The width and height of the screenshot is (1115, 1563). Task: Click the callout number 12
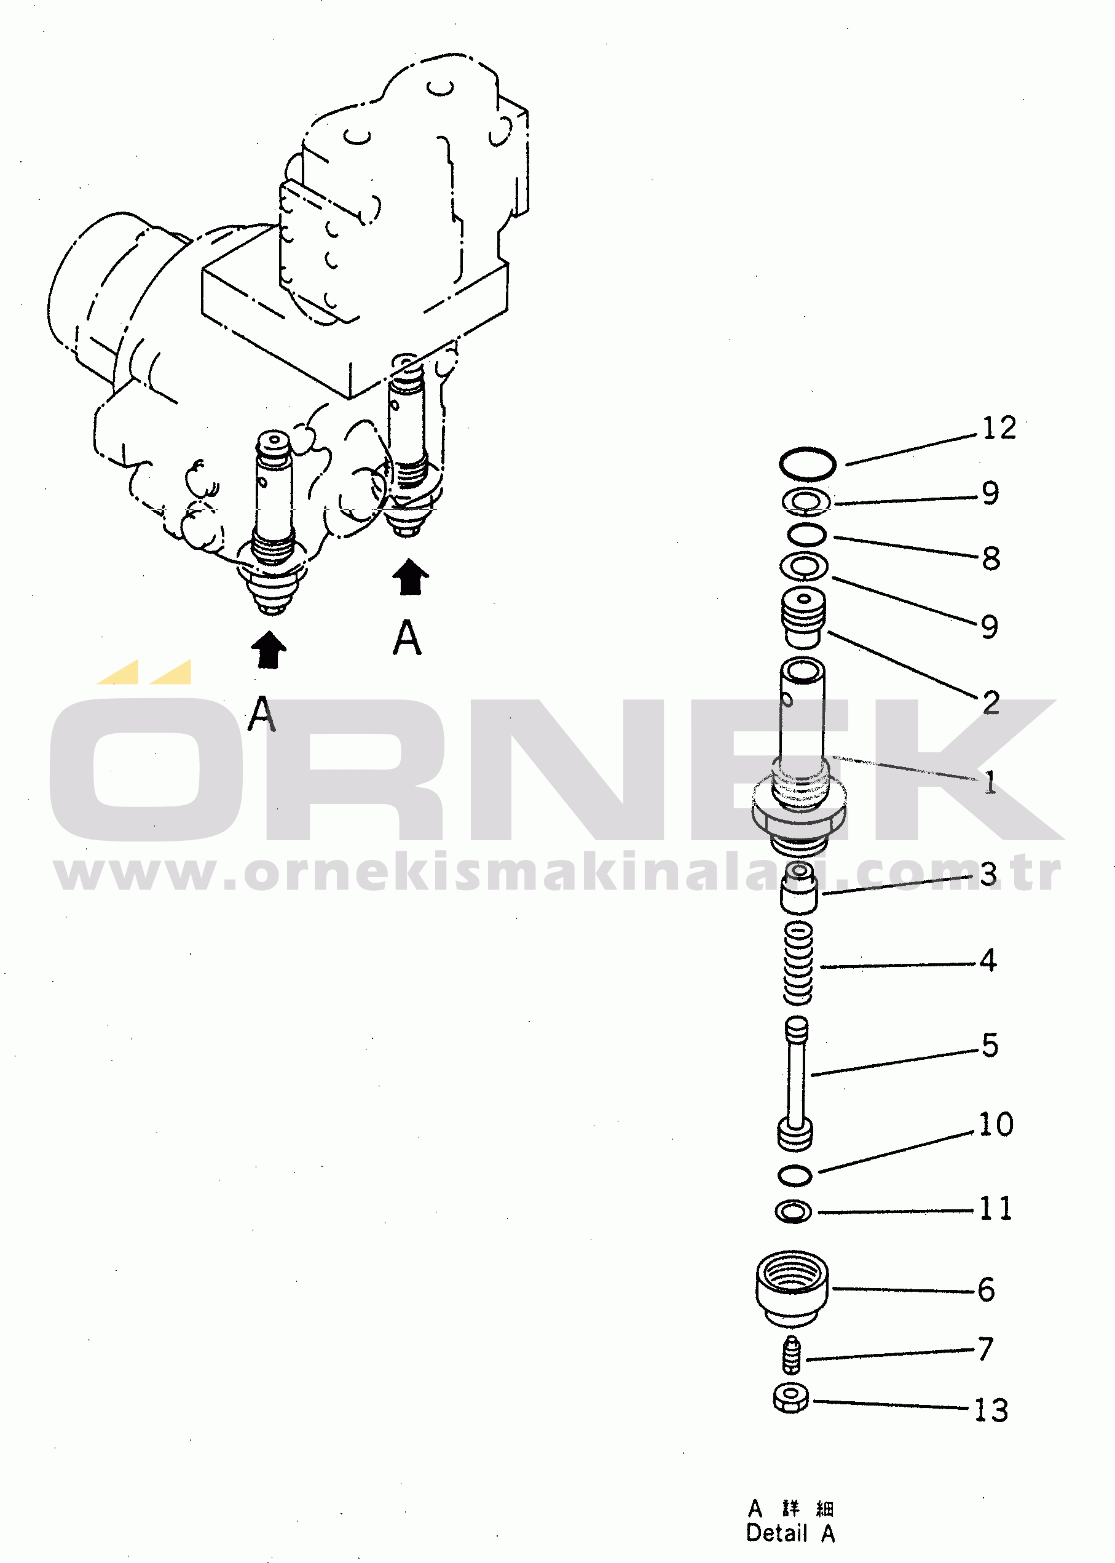[998, 428]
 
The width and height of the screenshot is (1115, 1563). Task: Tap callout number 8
[991, 559]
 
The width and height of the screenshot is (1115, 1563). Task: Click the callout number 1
[990, 782]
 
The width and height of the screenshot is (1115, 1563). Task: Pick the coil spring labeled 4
[798, 963]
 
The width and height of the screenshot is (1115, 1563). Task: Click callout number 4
[988, 960]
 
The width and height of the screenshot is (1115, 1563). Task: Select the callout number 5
[990, 1045]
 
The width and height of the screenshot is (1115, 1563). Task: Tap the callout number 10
[996, 1124]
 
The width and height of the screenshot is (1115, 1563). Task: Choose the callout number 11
[996, 1209]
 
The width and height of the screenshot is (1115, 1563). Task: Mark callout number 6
[987, 1289]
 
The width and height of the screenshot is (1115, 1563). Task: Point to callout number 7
[986, 1349]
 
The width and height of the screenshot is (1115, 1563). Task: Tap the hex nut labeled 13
[791, 1398]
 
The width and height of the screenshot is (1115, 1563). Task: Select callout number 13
[991, 1410]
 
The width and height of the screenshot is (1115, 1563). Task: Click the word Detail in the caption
[776, 1533]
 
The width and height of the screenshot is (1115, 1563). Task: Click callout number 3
[988, 875]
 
